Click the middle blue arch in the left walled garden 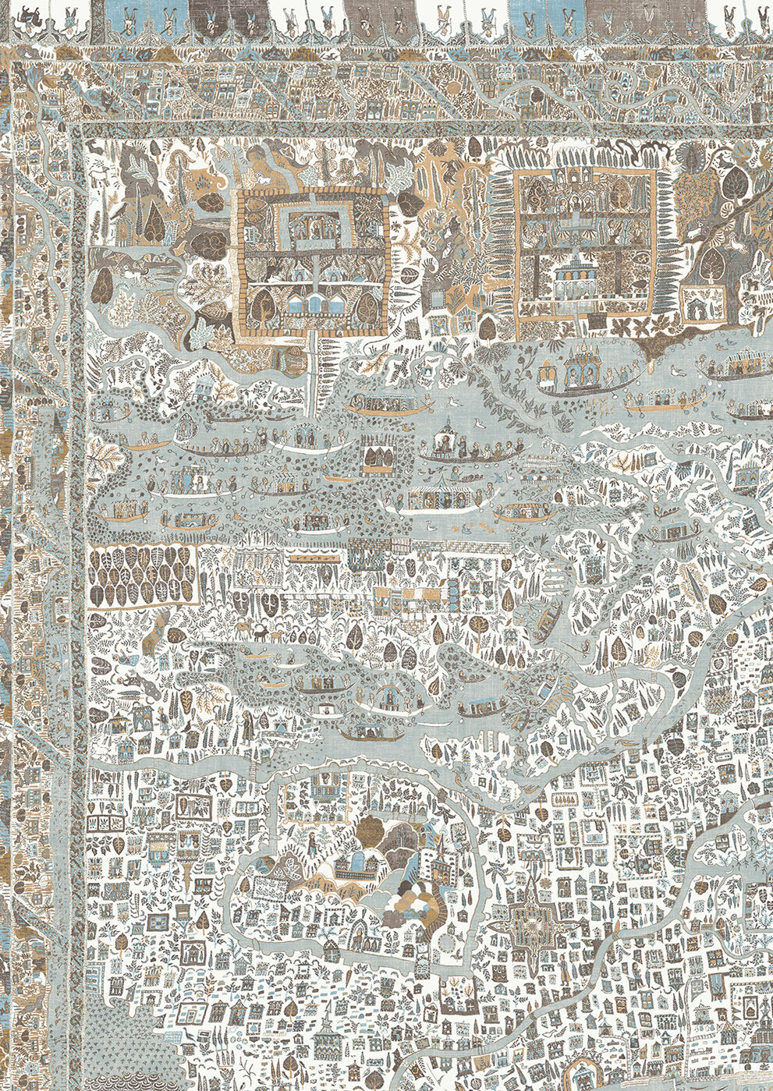(314, 303)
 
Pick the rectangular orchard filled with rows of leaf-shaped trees (141, 575)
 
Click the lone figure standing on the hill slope (311, 842)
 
